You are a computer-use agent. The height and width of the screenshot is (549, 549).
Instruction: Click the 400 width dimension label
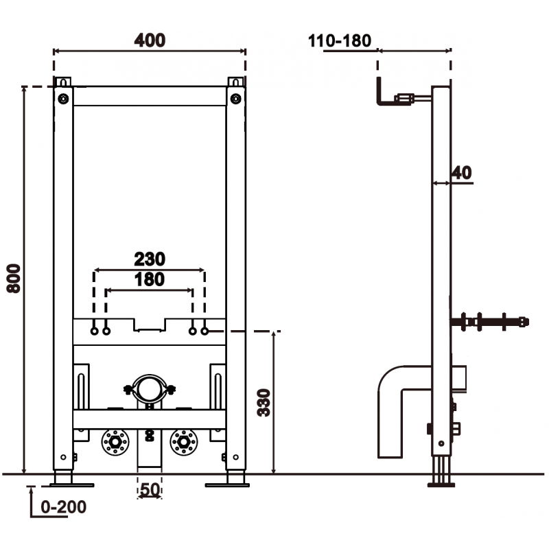[x=149, y=40]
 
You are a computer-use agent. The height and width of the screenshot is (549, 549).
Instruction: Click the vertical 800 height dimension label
[x=13, y=278]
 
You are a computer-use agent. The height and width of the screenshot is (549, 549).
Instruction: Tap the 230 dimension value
[x=149, y=259]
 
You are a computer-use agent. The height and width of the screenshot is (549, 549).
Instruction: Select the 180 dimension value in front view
[x=149, y=279]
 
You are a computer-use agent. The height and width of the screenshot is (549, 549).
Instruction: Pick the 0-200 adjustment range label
[x=64, y=507]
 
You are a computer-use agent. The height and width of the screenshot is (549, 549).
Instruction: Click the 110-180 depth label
[x=339, y=40]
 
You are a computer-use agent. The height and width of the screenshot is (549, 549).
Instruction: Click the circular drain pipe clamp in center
[x=148, y=389]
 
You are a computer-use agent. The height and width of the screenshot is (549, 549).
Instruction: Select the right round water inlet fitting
[x=184, y=443]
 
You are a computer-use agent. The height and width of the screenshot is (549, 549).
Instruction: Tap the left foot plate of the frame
[x=64, y=484]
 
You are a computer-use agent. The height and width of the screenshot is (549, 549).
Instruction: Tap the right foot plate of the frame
[x=226, y=484]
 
